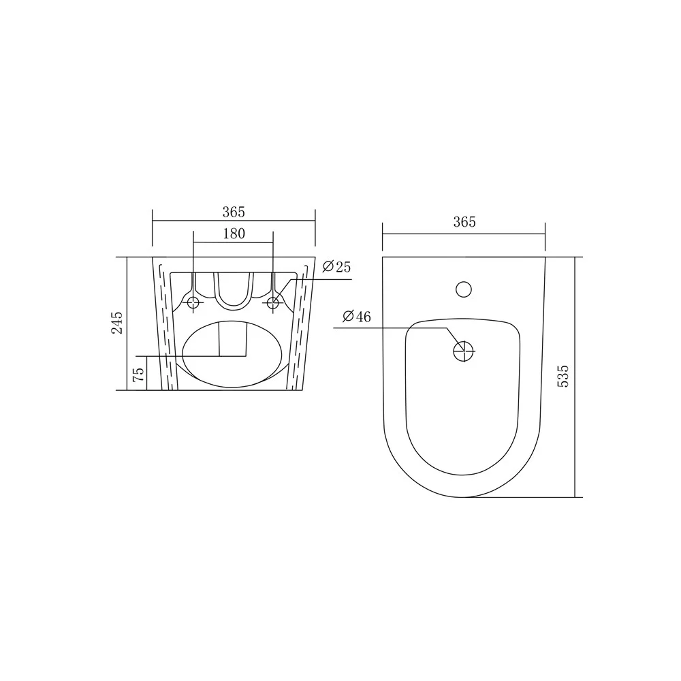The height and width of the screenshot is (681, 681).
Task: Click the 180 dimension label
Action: click(234, 234)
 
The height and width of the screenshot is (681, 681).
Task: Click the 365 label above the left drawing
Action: click(234, 212)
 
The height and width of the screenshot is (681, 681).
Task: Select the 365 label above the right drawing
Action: click(464, 222)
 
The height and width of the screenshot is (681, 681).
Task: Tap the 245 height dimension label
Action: click(117, 323)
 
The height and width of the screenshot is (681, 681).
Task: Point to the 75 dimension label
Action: click(138, 375)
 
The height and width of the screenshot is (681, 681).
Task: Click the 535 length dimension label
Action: click(563, 376)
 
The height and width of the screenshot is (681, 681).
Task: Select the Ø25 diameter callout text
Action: click(336, 267)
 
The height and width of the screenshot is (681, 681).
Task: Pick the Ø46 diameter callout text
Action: click(357, 317)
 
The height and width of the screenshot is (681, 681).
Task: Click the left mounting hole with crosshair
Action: click(193, 303)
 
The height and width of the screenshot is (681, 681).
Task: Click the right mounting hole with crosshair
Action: click(273, 303)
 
